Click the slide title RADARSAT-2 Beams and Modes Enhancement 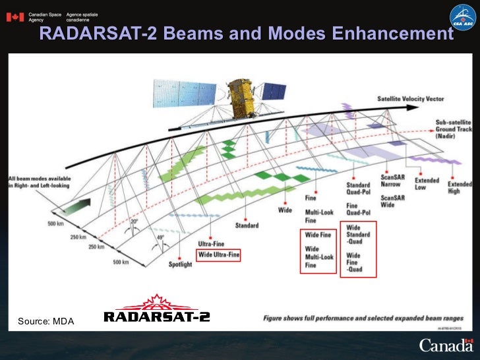246,34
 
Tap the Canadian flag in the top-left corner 14,17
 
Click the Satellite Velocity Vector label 410,100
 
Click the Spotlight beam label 180,264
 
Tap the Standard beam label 247,225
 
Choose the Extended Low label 427,184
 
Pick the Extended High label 460,188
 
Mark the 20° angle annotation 134,222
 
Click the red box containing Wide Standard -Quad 358,249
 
